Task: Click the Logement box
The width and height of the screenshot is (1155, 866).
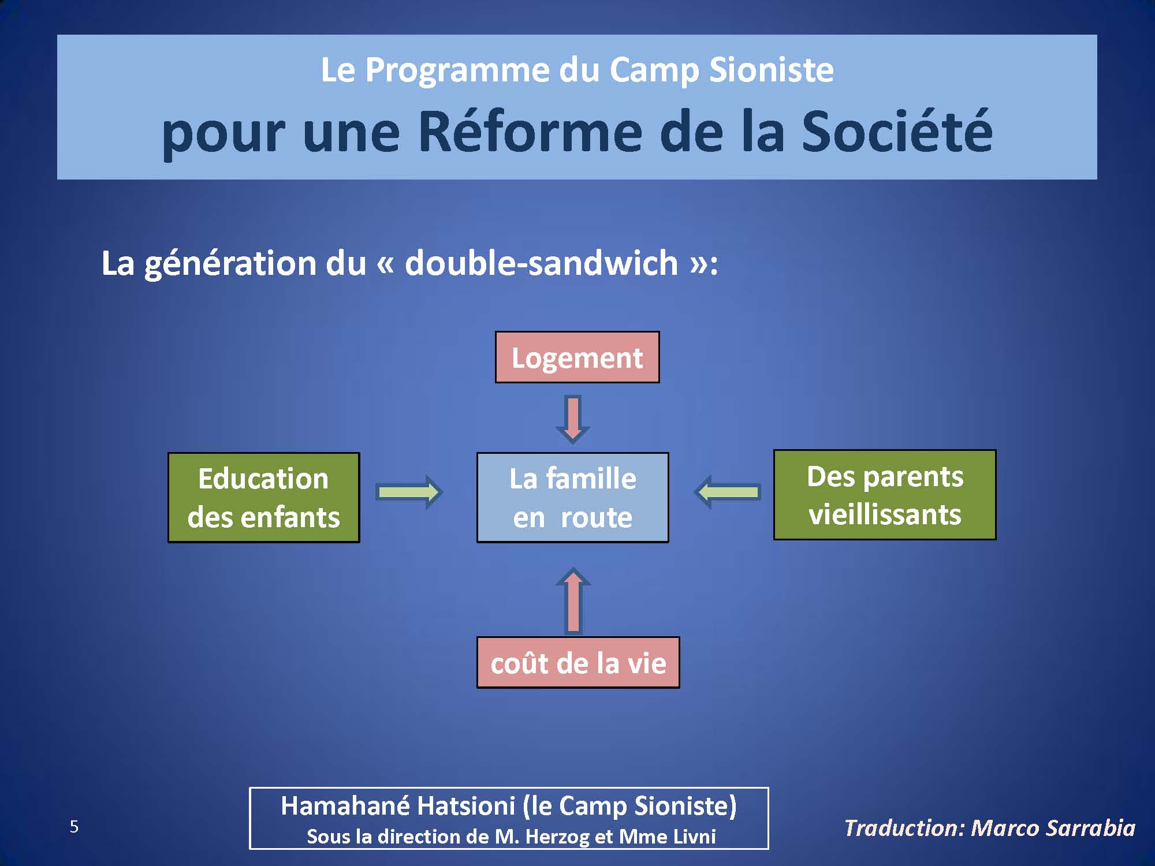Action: click(x=577, y=357)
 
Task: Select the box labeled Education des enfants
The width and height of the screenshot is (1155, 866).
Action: click(x=263, y=497)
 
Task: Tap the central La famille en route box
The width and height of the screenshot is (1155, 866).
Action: click(x=572, y=497)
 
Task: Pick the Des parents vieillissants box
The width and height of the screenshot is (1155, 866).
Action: click(x=885, y=495)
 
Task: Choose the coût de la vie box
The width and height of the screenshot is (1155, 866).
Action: click(x=578, y=662)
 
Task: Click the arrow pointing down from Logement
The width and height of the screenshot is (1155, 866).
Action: click(x=572, y=419)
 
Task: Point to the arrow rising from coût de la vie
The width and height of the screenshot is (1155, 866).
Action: click(x=572, y=600)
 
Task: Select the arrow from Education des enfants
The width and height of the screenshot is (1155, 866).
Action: click(x=409, y=492)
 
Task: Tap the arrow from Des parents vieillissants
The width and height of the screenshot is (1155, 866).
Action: click(x=727, y=492)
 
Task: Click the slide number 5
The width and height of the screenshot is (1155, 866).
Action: click(x=74, y=827)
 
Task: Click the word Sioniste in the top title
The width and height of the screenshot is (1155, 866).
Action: click(x=771, y=70)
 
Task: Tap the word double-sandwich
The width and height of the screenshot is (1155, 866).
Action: click(x=541, y=263)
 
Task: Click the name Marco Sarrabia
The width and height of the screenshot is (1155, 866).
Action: click(x=1053, y=828)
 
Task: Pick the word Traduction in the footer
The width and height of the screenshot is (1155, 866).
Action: click(x=904, y=828)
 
